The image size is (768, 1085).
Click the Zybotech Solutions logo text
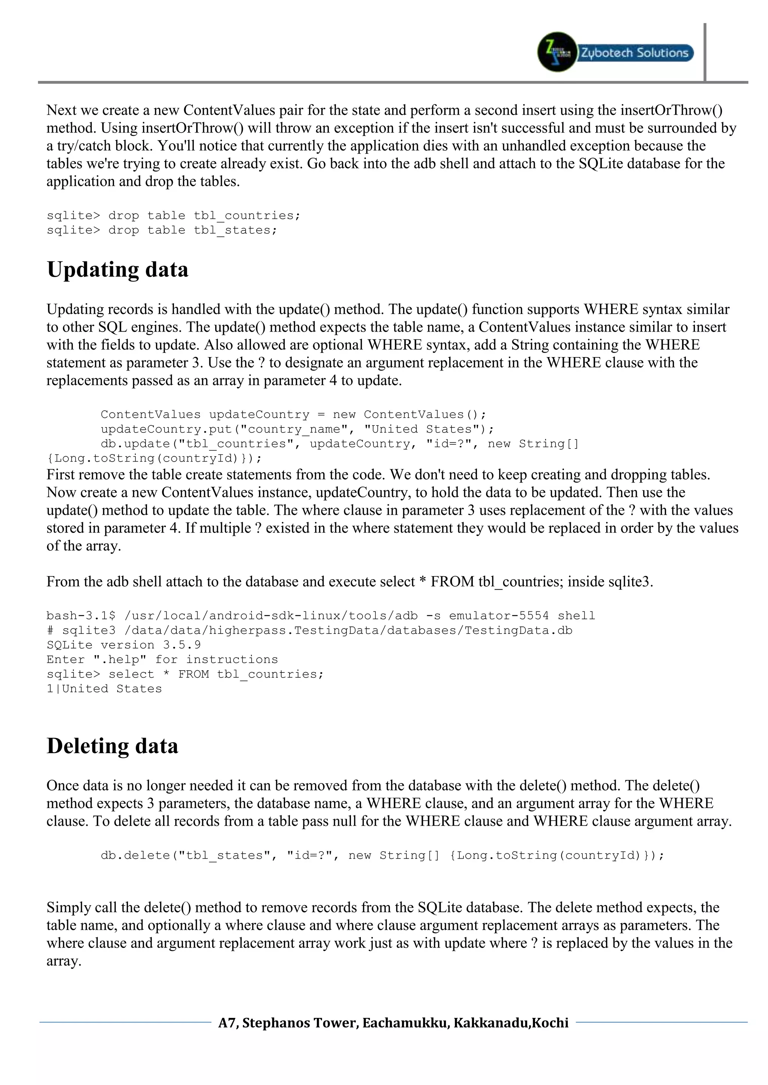pos(634,52)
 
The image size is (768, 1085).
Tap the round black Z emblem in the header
pos(557,52)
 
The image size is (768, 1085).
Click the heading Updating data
pos(118,270)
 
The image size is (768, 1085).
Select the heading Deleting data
pos(112,746)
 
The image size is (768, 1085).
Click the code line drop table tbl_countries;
pos(174,216)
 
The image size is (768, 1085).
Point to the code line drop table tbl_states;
pos(162,231)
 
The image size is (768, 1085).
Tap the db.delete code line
pos(382,855)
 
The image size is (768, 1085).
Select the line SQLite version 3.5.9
pos(123,645)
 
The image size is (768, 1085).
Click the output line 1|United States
pos(104,689)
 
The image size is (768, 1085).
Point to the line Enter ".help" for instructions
pos(162,660)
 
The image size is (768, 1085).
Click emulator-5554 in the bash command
pos(499,616)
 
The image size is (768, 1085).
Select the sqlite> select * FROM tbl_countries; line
pos(185,674)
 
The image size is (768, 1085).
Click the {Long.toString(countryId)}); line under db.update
pos(154,458)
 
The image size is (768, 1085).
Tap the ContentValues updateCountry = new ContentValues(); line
pos(293,415)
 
